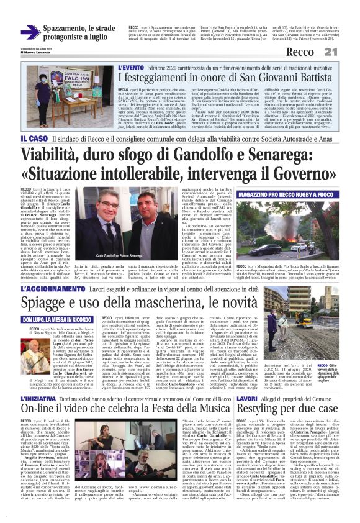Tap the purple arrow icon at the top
[x=30, y=32]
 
